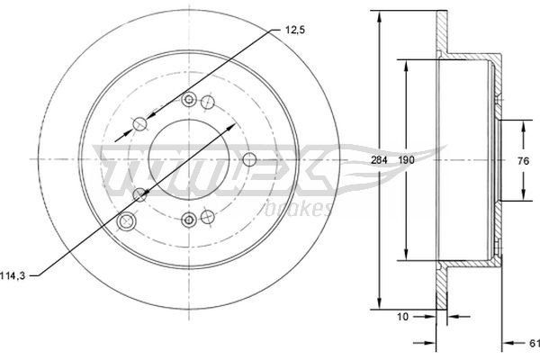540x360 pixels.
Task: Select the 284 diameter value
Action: [x=378, y=159]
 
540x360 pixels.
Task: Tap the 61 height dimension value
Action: [x=532, y=342]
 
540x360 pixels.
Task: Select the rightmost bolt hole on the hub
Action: [x=249, y=159]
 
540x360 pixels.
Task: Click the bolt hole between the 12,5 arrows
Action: [x=140, y=124]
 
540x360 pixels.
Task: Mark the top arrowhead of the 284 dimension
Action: [x=378, y=16]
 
